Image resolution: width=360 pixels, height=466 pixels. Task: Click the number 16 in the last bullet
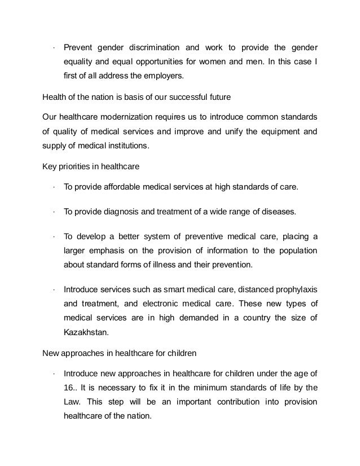(x=69, y=388)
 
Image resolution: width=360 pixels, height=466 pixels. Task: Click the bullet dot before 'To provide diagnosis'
(x=52, y=213)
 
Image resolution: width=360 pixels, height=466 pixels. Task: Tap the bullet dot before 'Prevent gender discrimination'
(x=52, y=46)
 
